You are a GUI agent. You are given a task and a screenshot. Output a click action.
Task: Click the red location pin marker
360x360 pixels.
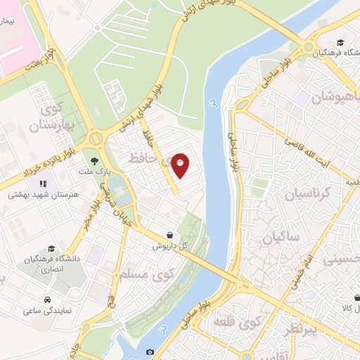point(181,166)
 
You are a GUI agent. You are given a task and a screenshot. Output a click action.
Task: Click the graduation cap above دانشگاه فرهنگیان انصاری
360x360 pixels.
point(51,248)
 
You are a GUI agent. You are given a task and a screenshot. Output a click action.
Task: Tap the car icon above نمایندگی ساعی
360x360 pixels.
point(47,300)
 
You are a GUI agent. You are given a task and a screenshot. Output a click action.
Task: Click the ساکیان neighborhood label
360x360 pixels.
point(281,239)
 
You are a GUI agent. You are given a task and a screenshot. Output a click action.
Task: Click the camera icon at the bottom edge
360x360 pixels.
point(150,352)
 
